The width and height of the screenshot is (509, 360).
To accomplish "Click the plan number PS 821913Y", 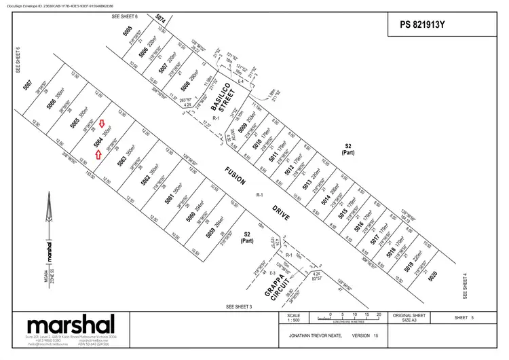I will tap(424, 26).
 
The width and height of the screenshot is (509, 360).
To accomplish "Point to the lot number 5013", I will tap(307, 182).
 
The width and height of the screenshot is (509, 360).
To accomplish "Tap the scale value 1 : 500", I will tap(293, 321).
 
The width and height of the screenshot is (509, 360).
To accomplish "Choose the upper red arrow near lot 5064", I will tap(102, 123).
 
